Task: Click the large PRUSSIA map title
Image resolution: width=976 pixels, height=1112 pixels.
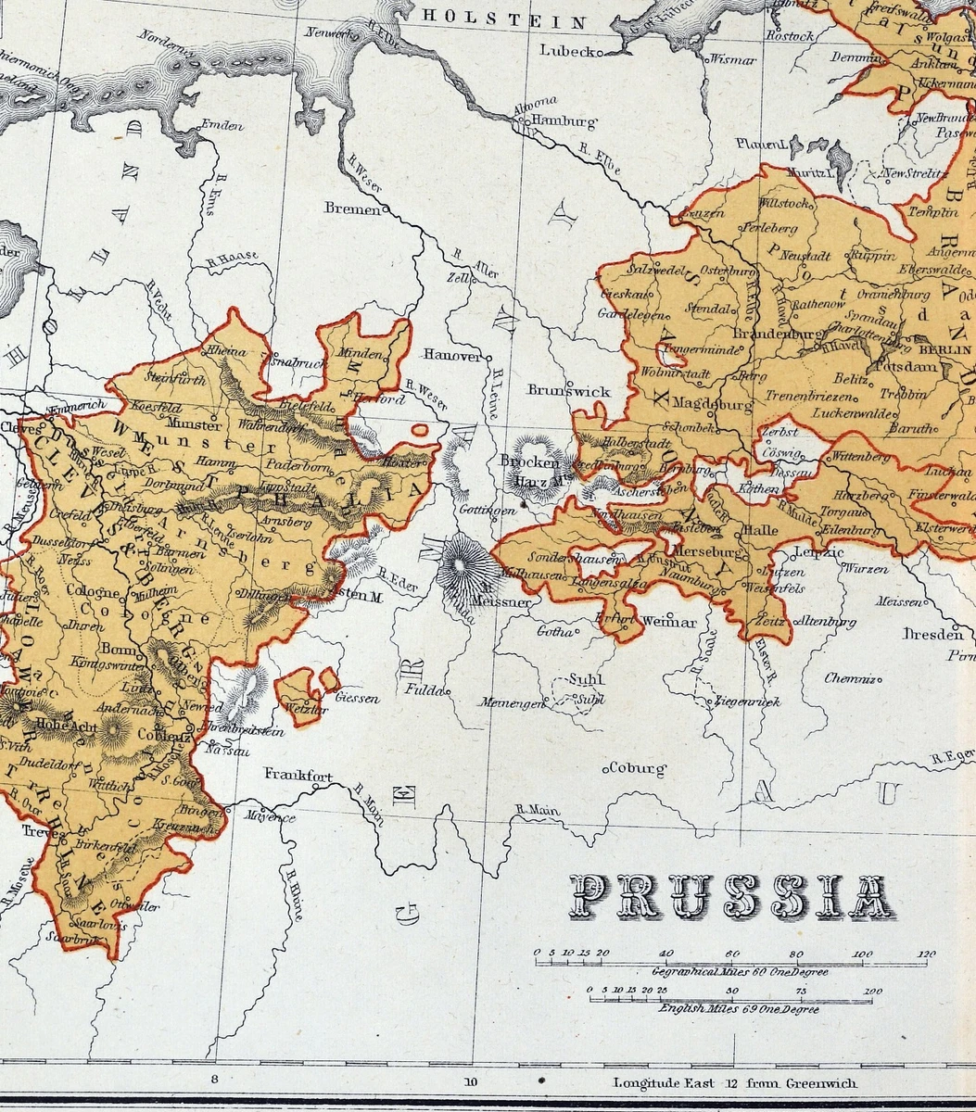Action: tap(731, 897)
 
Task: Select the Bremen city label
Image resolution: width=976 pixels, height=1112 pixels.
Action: tap(352, 209)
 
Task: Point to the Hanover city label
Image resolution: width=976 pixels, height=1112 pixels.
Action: tap(453, 355)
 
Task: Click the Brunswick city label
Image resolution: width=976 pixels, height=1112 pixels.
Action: tap(569, 391)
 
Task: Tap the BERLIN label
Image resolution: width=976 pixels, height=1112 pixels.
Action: tap(944, 350)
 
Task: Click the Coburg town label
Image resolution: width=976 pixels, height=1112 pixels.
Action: tap(638, 768)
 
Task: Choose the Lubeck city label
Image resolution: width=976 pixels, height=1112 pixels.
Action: tap(566, 51)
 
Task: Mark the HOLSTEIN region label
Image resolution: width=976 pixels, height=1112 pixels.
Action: tap(504, 20)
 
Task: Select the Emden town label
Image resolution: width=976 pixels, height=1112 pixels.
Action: tap(221, 126)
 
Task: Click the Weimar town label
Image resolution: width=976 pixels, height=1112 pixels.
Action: tap(668, 622)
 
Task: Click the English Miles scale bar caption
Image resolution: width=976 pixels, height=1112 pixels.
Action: tap(738, 1008)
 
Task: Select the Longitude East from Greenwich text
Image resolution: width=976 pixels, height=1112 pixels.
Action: tap(736, 1082)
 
